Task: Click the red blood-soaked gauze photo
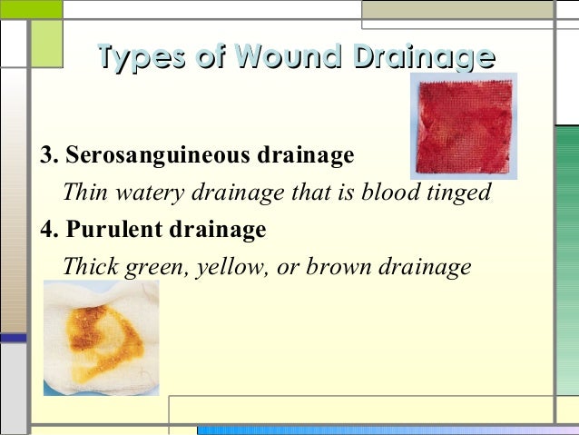(x=465, y=125)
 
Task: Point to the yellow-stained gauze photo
(x=101, y=338)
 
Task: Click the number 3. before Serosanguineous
(x=50, y=155)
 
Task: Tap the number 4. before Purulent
(x=50, y=230)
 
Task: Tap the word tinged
(x=456, y=193)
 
